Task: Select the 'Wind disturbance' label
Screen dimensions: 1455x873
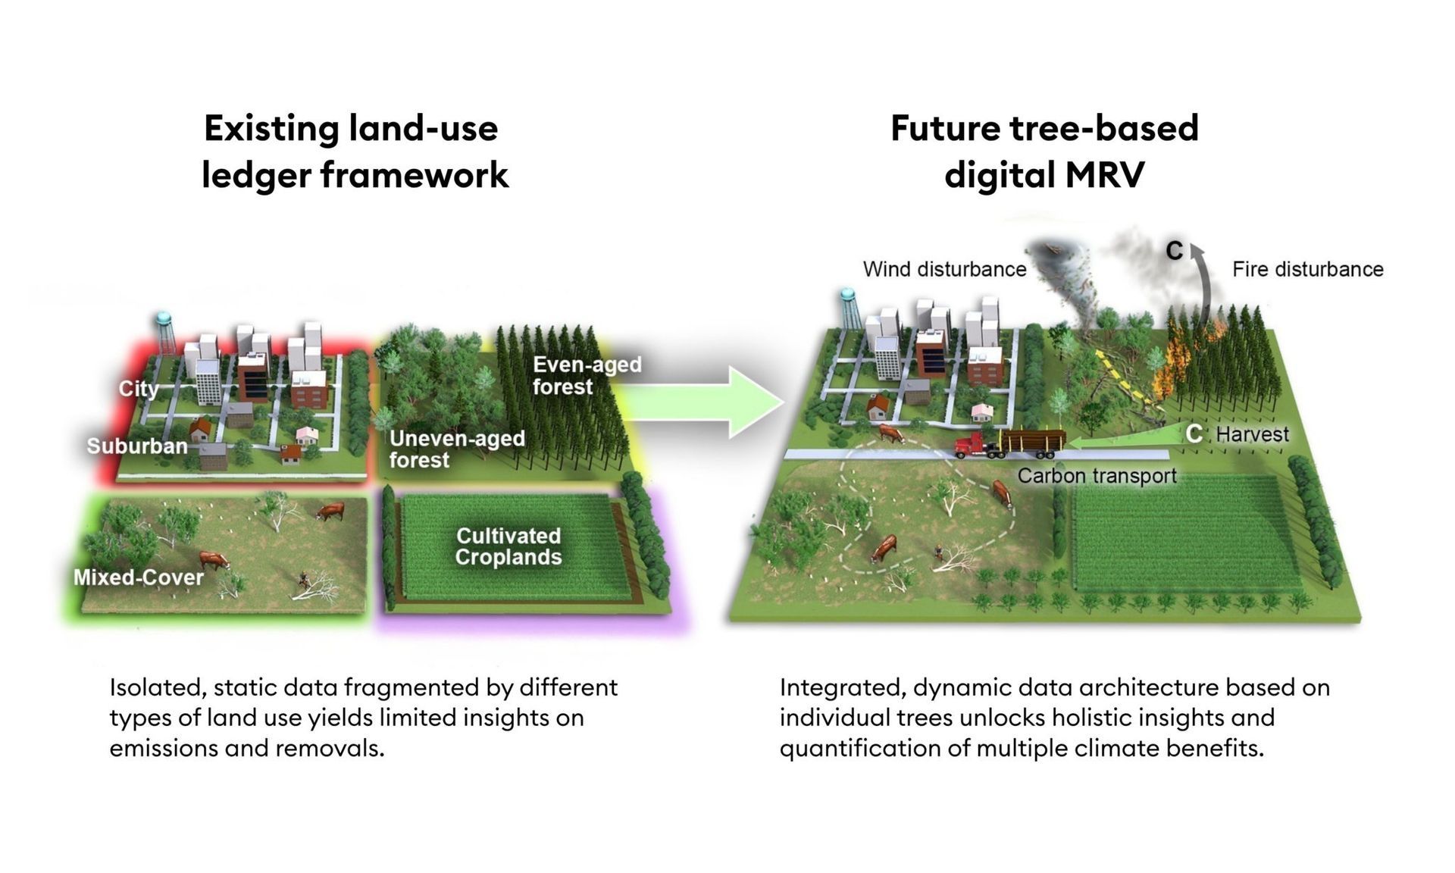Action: (944, 269)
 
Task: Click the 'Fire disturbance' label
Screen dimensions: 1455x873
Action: (1307, 269)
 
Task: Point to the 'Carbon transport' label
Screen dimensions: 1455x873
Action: (1097, 476)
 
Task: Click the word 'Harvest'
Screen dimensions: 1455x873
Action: (1252, 434)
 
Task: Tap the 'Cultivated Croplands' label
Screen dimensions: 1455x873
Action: (508, 546)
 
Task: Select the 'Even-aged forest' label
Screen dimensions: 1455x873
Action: (587, 375)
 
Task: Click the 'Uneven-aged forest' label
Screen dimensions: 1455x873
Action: (457, 449)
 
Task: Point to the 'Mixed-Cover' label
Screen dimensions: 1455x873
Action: (138, 577)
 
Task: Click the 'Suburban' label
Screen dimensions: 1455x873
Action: (137, 446)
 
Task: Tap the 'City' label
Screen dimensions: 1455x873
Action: (139, 389)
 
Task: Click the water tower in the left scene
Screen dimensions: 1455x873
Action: (164, 333)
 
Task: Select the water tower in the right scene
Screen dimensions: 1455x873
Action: (849, 308)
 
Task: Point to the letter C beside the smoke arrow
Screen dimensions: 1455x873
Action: (1174, 251)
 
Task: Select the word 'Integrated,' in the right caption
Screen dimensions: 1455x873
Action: (843, 688)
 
